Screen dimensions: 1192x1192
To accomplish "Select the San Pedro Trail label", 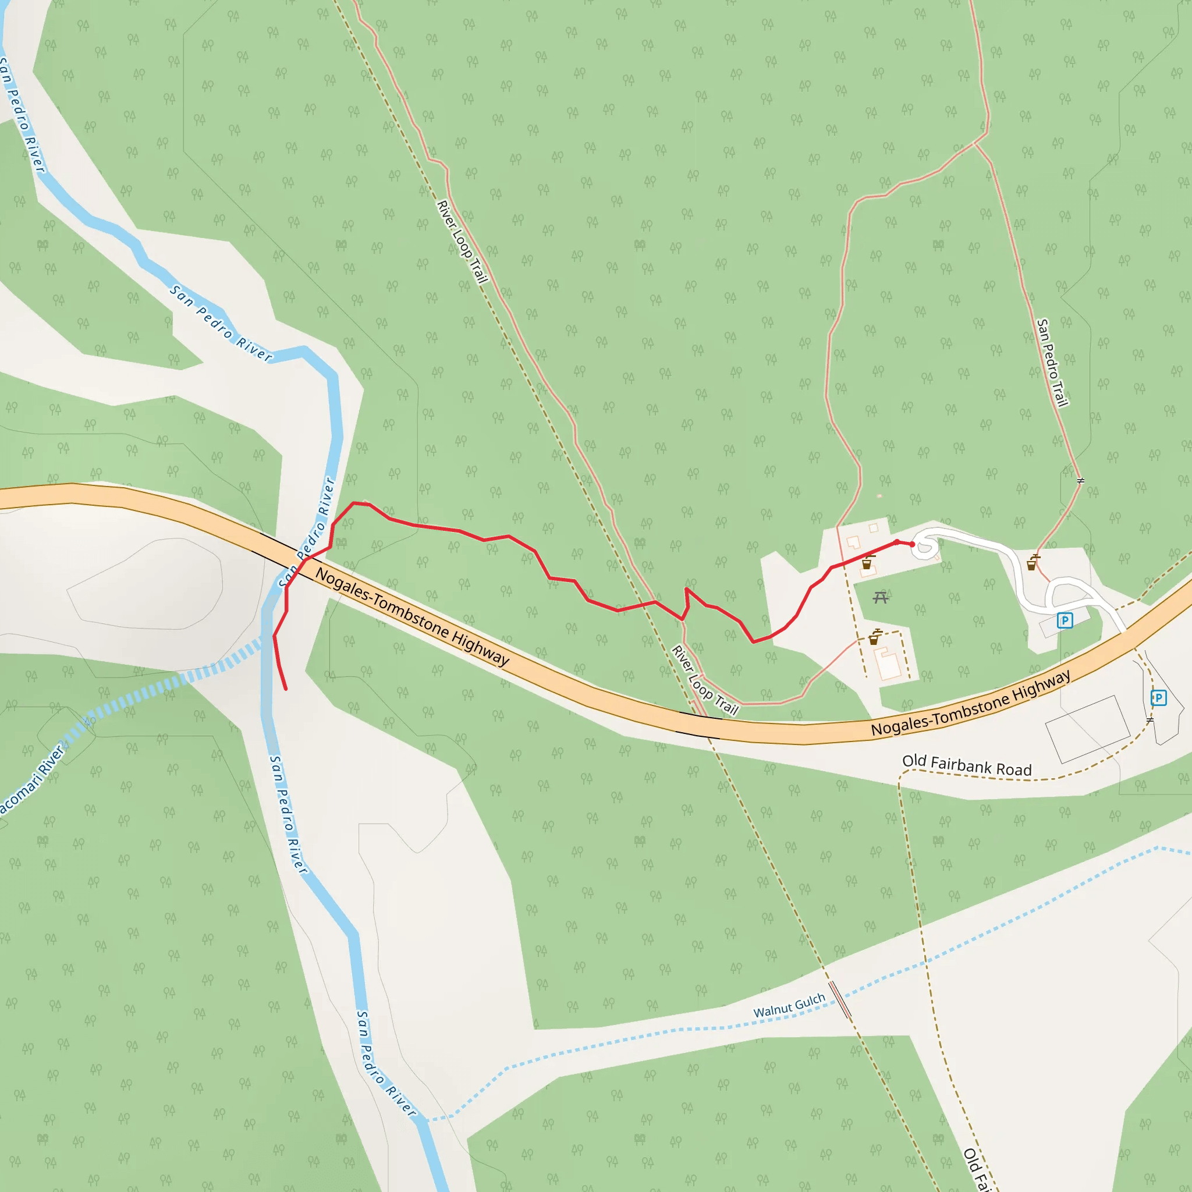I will pyautogui.click(x=1052, y=363).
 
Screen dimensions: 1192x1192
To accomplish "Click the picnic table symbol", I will pyautogui.click(x=881, y=597).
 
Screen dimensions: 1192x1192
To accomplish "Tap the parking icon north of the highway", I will pyautogui.click(x=1065, y=620).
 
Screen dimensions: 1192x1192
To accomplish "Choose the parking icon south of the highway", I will pyautogui.click(x=1158, y=698).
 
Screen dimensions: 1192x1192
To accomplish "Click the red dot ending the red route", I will pyautogui.click(x=913, y=544).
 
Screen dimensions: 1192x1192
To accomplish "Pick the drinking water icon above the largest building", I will pyautogui.click(x=874, y=637).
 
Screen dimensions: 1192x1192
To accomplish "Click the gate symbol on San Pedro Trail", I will pyautogui.click(x=1080, y=481).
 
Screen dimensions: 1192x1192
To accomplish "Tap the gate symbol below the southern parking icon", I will pyautogui.click(x=1150, y=720).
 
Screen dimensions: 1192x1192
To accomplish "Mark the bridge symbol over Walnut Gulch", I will pyautogui.click(x=840, y=999).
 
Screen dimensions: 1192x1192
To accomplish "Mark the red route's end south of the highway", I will pyautogui.click(x=286, y=689).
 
